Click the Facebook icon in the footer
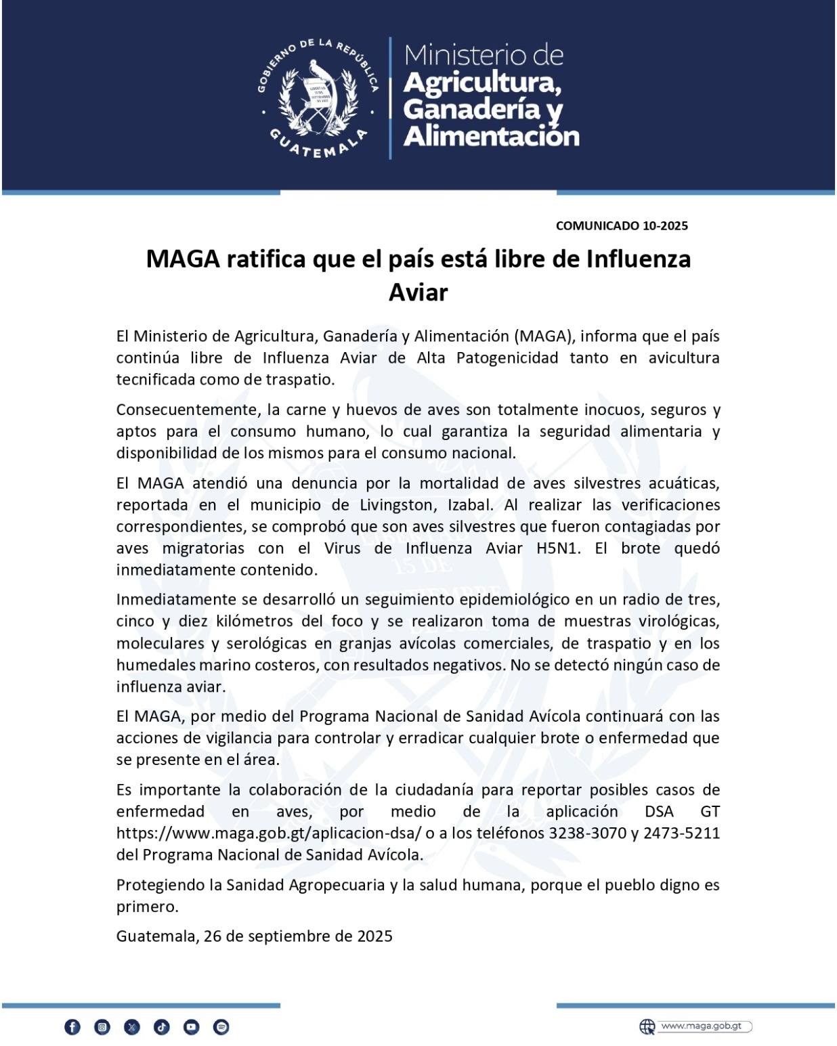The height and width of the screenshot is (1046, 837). (x=72, y=1027)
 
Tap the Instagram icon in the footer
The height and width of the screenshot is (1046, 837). (x=102, y=1027)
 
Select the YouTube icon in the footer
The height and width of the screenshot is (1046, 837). (x=192, y=1027)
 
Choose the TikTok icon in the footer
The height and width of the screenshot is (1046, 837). (x=162, y=1027)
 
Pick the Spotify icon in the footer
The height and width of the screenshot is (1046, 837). (x=221, y=1027)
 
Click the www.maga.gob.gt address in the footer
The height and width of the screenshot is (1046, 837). (x=701, y=1026)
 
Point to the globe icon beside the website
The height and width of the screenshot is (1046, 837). (x=647, y=1026)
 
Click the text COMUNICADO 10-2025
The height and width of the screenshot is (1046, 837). (x=621, y=225)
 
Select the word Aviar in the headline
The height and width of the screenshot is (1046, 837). (x=418, y=292)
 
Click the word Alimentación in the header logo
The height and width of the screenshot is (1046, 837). (x=491, y=136)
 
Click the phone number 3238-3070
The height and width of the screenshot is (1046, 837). (x=587, y=833)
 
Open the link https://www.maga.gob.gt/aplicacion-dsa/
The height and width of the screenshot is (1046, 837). (x=269, y=833)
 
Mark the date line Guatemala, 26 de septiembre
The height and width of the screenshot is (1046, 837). (x=254, y=936)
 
